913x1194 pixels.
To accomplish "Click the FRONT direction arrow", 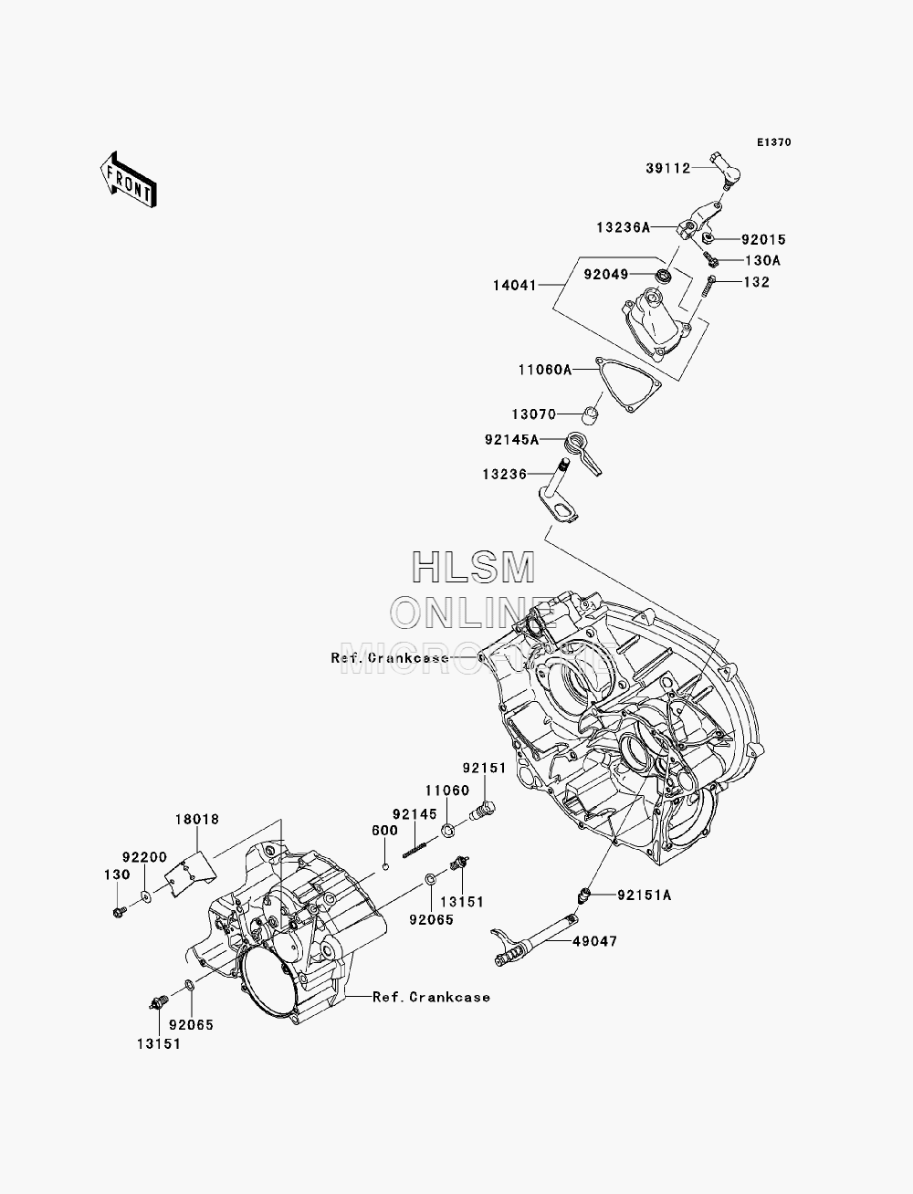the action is (129, 180).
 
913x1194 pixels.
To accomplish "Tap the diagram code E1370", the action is (774, 142).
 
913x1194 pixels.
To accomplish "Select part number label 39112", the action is (668, 169).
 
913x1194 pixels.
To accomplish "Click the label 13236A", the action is (623, 227).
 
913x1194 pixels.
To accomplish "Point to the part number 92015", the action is (764, 239).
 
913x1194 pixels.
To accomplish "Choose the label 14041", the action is (515, 285).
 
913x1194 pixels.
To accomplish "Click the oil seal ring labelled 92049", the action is (663, 276).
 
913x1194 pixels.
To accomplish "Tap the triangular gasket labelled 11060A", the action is (628, 385).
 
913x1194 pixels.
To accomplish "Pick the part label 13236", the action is (504, 475).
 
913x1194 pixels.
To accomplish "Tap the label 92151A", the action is (645, 895).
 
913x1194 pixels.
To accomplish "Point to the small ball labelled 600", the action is (385, 866).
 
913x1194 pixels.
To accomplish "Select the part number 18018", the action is (197, 819).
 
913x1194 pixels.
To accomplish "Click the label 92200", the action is (144, 857).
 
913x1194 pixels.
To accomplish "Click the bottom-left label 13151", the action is (158, 1044).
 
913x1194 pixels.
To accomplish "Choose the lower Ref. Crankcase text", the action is (432, 997).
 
